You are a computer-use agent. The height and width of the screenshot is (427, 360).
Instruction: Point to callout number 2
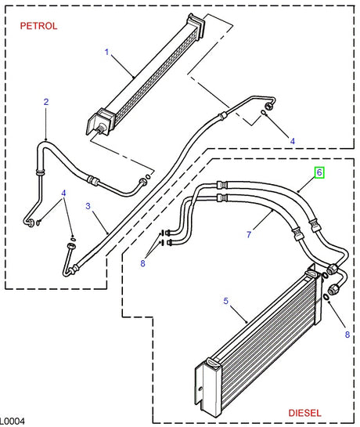click(x=46, y=102)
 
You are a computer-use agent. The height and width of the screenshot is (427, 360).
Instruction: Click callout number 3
click(x=88, y=207)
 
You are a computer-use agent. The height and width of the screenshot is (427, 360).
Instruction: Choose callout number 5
click(x=225, y=300)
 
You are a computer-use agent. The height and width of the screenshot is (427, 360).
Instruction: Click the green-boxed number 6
click(x=319, y=172)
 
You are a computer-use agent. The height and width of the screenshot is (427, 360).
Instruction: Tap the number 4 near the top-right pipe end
click(x=293, y=140)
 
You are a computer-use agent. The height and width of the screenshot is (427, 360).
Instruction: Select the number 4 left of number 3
click(x=64, y=194)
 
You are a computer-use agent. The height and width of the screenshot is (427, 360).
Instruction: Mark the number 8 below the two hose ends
click(x=142, y=263)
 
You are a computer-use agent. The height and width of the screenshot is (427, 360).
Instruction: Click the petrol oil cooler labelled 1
click(x=145, y=74)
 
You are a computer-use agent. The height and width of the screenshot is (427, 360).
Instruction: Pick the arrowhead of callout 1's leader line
click(x=134, y=75)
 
